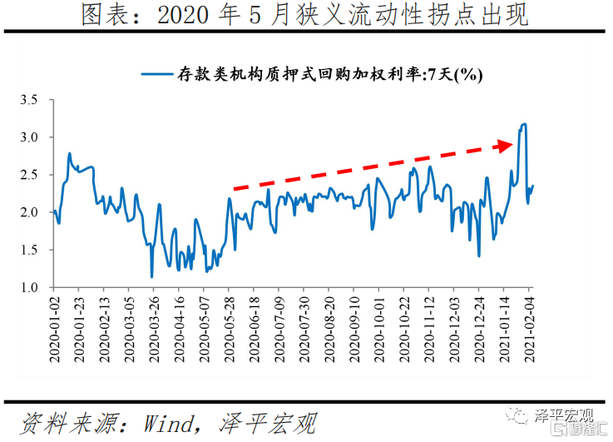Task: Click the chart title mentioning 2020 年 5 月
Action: tap(305, 16)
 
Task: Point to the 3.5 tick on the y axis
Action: tap(30, 100)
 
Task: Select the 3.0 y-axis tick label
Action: tap(30, 137)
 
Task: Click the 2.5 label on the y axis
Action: tap(30, 175)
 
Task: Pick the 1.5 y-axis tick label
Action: tap(30, 250)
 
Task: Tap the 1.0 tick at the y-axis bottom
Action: tap(30, 287)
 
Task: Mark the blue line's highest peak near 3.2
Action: tap(524, 125)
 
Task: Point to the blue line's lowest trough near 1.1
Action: tap(151, 276)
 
